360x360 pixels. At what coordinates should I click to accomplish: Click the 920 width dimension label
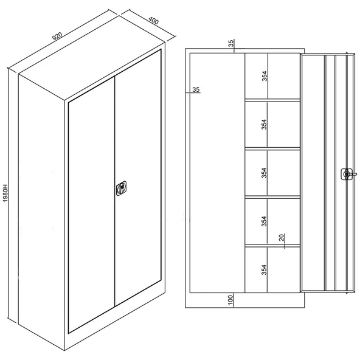(x=57, y=36)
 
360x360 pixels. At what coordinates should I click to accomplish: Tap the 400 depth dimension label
(x=153, y=21)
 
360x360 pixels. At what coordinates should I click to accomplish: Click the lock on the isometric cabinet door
(x=121, y=189)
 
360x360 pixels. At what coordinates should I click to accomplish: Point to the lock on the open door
(x=347, y=175)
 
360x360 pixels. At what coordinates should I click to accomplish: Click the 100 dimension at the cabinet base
(x=230, y=300)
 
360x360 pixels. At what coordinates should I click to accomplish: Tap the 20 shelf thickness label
(x=282, y=238)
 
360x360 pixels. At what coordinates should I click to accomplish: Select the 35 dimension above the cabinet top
(x=230, y=43)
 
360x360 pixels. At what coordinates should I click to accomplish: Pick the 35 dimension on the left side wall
(x=196, y=89)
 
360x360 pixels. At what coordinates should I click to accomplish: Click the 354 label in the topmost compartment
(x=265, y=76)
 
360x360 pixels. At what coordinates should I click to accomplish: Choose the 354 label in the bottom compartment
(x=265, y=269)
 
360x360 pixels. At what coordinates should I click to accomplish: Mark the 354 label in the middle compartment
(x=265, y=173)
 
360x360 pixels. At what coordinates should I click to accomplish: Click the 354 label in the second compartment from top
(x=265, y=124)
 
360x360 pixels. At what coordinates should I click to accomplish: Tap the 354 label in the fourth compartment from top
(x=265, y=221)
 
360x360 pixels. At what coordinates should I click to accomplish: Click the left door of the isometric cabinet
(x=91, y=204)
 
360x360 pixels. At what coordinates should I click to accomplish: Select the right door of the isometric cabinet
(x=138, y=178)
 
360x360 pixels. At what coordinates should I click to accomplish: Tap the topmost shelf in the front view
(x=272, y=100)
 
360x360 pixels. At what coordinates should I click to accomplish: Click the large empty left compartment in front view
(x=217, y=173)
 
